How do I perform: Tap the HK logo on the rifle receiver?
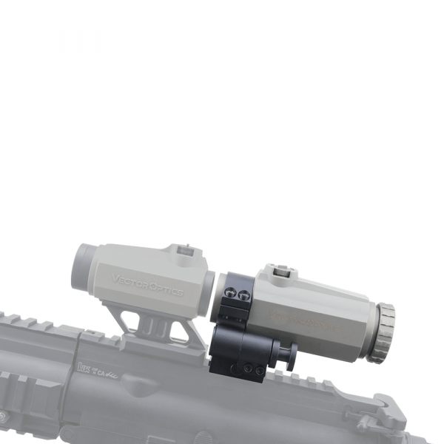click(83, 367)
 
